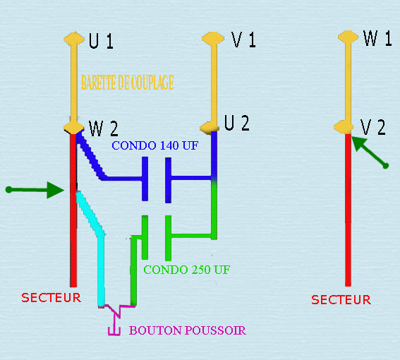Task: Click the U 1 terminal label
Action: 101,41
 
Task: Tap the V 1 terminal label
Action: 243,40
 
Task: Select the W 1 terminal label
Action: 377,38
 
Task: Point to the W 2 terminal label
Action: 104,128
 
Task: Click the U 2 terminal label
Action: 237,123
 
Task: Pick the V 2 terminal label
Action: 372,127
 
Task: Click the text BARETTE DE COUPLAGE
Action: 128,82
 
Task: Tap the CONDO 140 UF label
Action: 154,145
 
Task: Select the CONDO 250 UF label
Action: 187,270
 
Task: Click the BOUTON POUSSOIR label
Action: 188,330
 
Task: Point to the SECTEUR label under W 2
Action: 51,298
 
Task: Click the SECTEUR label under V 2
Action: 341,300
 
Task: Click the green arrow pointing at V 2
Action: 370,152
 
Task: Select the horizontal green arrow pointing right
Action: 35,190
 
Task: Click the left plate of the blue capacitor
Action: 145,179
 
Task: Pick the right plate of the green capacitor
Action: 168,238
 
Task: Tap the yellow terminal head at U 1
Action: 74,39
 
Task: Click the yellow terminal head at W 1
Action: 348,37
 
